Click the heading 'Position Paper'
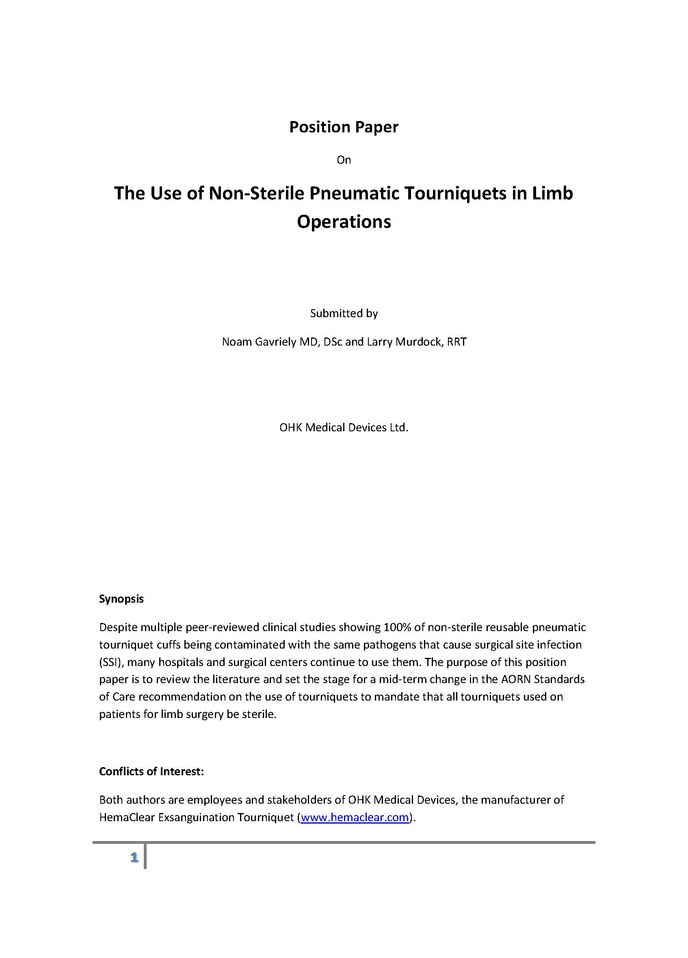click(343, 127)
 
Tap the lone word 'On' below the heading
click(343, 160)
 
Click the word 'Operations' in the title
click(344, 222)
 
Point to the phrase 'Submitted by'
click(344, 314)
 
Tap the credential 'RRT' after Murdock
click(457, 342)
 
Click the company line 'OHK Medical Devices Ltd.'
click(344, 428)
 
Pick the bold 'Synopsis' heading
click(121, 599)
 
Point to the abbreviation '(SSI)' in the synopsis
click(110, 662)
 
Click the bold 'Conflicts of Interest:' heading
click(151, 772)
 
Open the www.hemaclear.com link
click(355, 817)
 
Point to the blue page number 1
click(134, 857)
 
